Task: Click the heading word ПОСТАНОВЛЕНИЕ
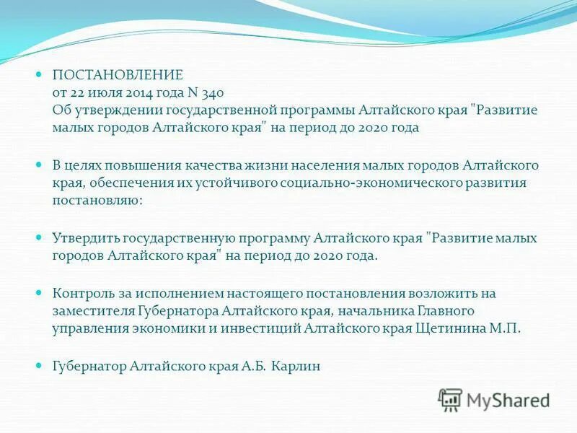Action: (x=118, y=74)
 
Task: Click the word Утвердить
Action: (x=85, y=238)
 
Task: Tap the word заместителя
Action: (x=92, y=311)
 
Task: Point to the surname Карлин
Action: (x=295, y=366)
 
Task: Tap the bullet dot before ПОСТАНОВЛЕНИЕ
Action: (x=40, y=74)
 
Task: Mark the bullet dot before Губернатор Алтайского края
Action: (x=40, y=366)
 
